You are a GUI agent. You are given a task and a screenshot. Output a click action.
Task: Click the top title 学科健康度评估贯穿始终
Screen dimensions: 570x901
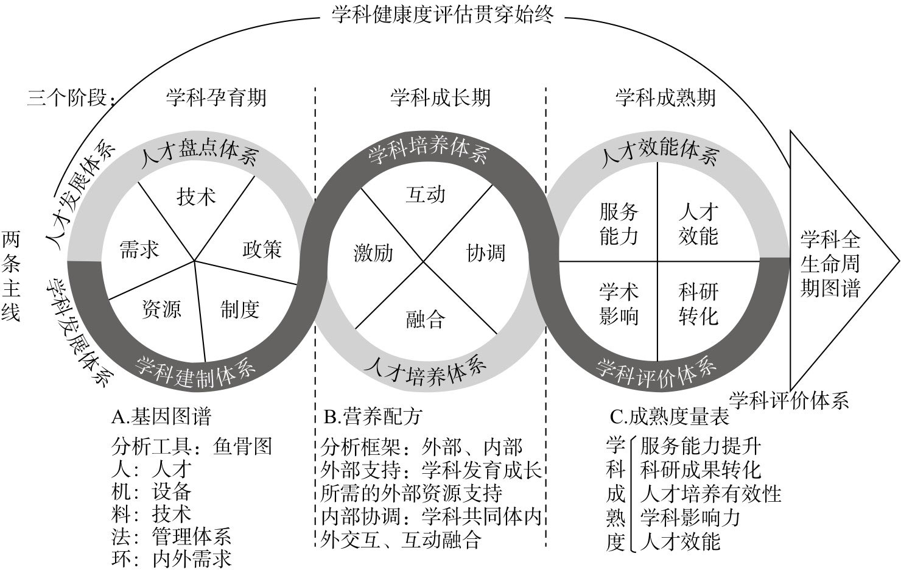(442, 14)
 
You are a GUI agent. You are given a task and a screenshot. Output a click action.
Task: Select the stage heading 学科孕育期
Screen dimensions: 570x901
(216, 97)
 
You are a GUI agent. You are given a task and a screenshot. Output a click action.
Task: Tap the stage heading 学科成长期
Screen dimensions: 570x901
(440, 97)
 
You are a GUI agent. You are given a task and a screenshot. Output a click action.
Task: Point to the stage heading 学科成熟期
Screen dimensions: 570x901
(665, 97)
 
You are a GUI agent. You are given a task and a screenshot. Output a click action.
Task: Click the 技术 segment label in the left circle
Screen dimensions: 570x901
(196, 197)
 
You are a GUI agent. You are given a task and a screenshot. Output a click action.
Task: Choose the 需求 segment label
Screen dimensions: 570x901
(139, 250)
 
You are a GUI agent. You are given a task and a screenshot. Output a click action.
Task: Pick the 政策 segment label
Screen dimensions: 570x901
(262, 250)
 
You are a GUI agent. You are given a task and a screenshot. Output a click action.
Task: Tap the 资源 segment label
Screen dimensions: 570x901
(161, 309)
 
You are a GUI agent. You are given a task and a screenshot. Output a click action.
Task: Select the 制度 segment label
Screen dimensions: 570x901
(240, 309)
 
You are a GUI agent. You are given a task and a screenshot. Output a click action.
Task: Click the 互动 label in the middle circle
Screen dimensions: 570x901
(426, 195)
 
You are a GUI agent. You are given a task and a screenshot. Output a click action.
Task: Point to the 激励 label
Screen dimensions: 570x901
(373, 253)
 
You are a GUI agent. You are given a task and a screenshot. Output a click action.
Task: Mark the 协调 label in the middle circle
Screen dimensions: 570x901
(486, 253)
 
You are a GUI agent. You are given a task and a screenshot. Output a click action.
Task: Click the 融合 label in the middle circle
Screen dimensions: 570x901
(426, 319)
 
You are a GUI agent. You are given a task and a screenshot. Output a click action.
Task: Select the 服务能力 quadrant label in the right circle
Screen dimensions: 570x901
(619, 224)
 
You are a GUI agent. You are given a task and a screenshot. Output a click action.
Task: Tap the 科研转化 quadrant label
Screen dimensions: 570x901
(698, 304)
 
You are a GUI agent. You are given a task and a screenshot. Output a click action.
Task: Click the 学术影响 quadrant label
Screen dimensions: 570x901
(619, 304)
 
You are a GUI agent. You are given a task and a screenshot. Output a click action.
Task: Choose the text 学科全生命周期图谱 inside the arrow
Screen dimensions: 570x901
(830, 264)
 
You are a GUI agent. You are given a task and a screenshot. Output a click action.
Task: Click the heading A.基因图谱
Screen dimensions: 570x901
(161, 417)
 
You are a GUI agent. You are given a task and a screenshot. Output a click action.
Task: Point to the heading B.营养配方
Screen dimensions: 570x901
(373, 417)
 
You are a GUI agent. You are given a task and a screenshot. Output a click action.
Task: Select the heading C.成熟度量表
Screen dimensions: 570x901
(669, 417)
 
